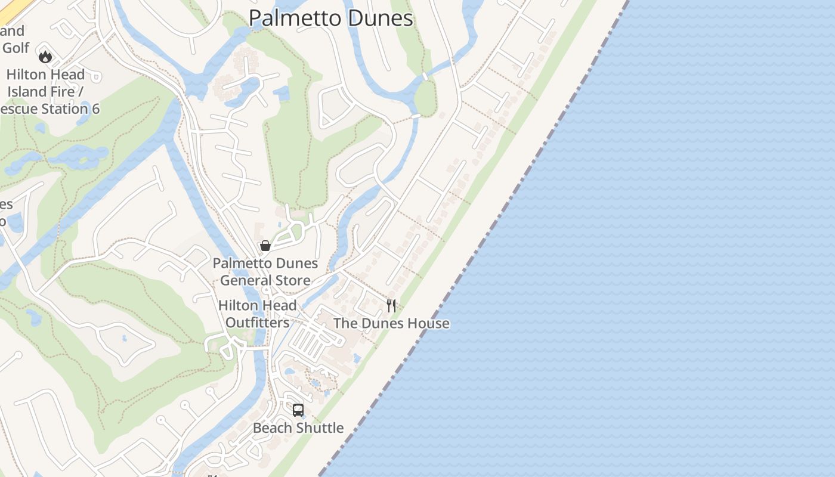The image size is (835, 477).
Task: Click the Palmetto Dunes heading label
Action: click(x=330, y=18)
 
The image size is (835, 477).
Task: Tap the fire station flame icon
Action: click(x=45, y=57)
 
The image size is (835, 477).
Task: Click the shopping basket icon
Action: click(x=265, y=246)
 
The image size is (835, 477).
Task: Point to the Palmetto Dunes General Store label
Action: click(x=265, y=272)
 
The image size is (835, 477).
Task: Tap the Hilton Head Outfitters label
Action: click(x=257, y=314)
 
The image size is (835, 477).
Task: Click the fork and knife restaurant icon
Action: click(x=391, y=306)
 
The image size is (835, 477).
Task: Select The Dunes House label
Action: click(x=391, y=324)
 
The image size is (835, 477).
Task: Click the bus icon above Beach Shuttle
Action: click(x=298, y=410)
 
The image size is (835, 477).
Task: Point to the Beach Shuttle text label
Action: click(x=298, y=428)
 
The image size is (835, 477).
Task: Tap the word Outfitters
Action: click(x=257, y=323)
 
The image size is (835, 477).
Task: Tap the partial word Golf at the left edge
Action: click(x=15, y=48)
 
